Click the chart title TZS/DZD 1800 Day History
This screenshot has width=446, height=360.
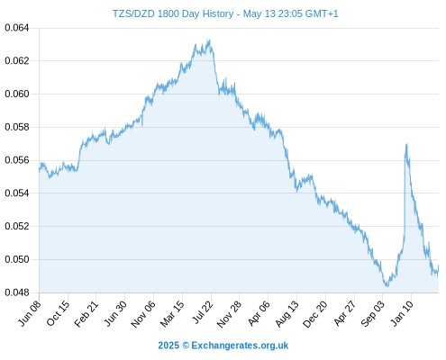[x=173, y=13]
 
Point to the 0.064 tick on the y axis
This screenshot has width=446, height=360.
[x=17, y=28]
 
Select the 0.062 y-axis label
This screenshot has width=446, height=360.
[x=17, y=61]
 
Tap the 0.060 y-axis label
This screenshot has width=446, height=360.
[x=17, y=94]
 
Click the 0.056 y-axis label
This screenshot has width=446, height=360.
[x=17, y=160]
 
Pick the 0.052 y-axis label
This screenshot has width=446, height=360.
[x=17, y=226]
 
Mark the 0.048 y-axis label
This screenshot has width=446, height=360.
[x=17, y=292]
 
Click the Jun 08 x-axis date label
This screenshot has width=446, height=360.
[x=30, y=313]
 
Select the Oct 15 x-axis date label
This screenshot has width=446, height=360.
[x=58, y=313]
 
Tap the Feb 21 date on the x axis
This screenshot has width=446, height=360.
[x=86, y=313]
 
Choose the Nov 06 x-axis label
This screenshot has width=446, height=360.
[x=143, y=313]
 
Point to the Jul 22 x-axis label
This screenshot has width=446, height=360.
[x=202, y=312]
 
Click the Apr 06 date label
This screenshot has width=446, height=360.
[x=259, y=313]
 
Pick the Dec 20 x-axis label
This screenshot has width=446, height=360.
[x=315, y=313]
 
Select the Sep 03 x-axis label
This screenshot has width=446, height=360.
[x=373, y=313]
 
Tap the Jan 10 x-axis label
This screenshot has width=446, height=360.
[x=402, y=313]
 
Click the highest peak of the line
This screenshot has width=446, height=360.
[x=209, y=40]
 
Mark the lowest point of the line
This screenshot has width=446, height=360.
[x=387, y=286]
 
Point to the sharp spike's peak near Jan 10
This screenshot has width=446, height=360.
[x=406, y=144]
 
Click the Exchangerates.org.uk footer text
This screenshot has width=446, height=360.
[x=240, y=346]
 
